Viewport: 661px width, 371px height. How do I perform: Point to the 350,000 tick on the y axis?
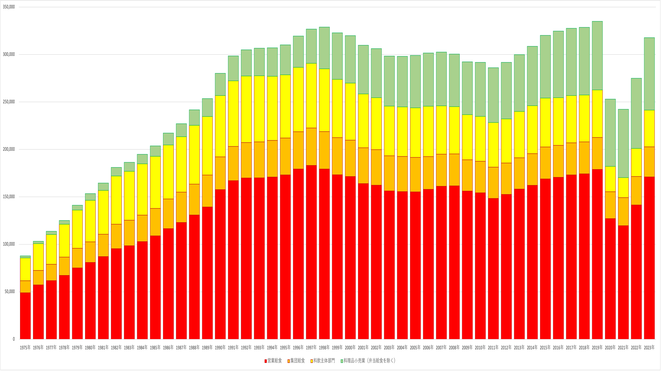[x=9, y=7]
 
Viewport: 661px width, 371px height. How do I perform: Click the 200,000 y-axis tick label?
[x=9, y=149]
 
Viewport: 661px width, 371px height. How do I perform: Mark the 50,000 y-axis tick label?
[x=10, y=291]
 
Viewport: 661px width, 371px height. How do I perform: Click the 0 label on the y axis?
[x=14, y=339]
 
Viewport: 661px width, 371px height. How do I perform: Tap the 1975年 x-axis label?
[x=25, y=348]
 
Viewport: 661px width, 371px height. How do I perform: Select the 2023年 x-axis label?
[x=649, y=348]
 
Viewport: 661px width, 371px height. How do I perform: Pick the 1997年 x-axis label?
[x=311, y=348]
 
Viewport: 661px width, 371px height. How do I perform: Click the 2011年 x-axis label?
[x=493, y=348]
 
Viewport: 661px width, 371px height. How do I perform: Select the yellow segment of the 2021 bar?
[x=623, y=187]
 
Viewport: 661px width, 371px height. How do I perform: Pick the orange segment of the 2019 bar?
[x=597, y=153]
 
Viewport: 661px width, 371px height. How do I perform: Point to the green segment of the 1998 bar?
[x=324, y=48]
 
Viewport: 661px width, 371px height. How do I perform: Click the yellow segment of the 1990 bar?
[x=220, y=126]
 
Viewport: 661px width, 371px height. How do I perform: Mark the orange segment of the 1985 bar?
[x=155, y=222]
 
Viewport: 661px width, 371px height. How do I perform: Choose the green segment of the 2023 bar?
[x=649, y=74]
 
